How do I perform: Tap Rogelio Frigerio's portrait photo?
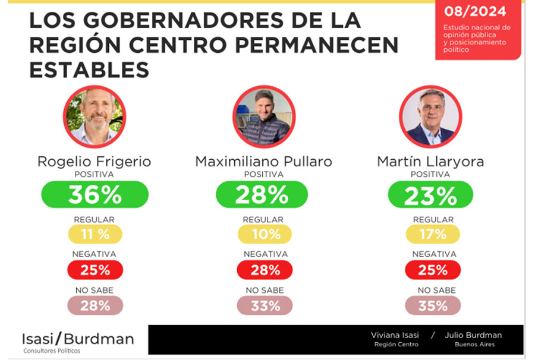click(x=94, y=116)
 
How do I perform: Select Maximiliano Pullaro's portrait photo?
click(x=263, y=116)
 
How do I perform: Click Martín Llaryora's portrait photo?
click(x=430, y=116)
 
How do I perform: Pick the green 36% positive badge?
click(x=95, y=195)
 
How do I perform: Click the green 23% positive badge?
click(x=430, y=195)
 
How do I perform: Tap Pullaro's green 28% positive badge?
click(x=262, y=195)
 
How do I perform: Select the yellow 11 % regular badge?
click(x=95, y=234)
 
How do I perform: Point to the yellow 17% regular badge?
click(x=433, y=234)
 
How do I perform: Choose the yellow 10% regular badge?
click(x=265, y=234)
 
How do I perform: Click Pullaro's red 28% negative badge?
click(x=265, y=270)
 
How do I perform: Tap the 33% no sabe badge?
click(x=265, y=305)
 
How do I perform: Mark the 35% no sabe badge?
click(x=433, y=305)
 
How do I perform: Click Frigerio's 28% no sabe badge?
click(x=95, y=305)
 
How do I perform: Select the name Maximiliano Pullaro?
click(x=263, y=162)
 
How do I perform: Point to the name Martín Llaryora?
click(x=430, y=162)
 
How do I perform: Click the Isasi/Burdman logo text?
click(x=78, y=339)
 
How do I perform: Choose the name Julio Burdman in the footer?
click(x=473, y=336)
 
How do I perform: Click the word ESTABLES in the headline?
click(x=89, y=70)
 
